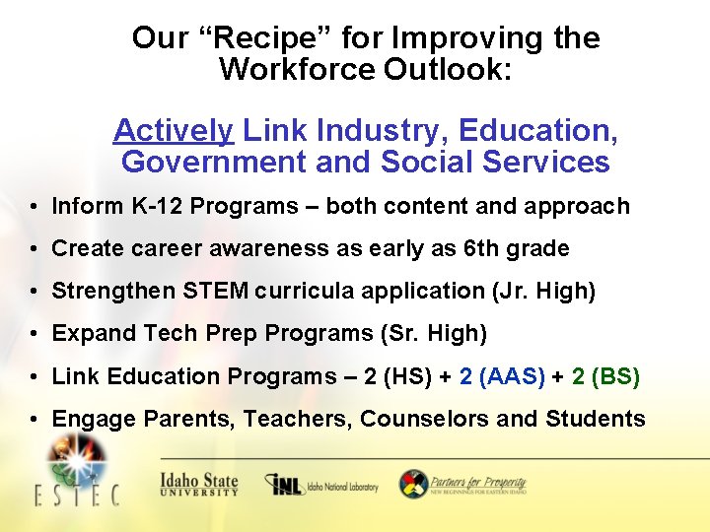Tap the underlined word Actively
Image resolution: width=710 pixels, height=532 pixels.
click(x=173, y=130)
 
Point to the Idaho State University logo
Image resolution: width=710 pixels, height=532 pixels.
click(x=199, y=485)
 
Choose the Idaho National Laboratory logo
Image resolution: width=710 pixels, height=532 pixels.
click(x=320, y=485)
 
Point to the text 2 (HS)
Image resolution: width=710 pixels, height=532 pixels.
click(x=404, y=376)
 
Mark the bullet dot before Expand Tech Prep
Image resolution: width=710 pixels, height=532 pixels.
click(x=35, y=334)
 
